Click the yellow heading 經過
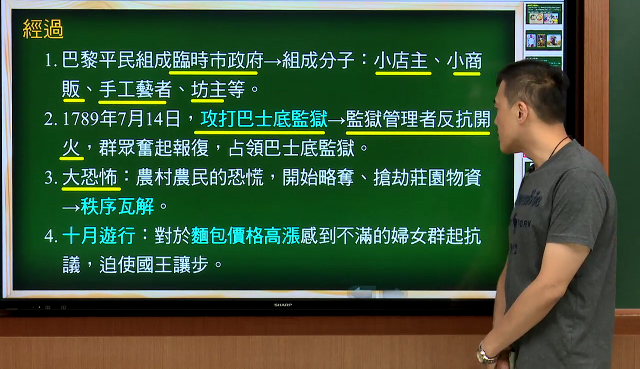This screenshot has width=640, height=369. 43,29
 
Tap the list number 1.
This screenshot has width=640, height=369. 50,61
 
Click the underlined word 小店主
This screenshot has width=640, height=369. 401,60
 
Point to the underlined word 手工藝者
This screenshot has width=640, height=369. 135,89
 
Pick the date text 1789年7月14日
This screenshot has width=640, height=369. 121,119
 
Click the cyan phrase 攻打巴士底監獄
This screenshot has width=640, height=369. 263,119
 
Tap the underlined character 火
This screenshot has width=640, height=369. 71,148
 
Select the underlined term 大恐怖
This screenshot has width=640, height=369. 89,177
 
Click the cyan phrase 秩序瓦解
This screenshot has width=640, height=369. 117,206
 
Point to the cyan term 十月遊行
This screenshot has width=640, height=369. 98,235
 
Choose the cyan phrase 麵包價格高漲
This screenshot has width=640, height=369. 245,235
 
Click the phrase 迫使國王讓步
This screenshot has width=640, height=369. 153,265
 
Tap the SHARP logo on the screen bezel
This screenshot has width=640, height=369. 283,305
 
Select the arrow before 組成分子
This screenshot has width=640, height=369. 272,61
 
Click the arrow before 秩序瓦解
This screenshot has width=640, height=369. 71,207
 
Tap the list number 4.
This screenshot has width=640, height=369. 50,236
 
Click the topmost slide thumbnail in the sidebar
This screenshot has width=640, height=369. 543,14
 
